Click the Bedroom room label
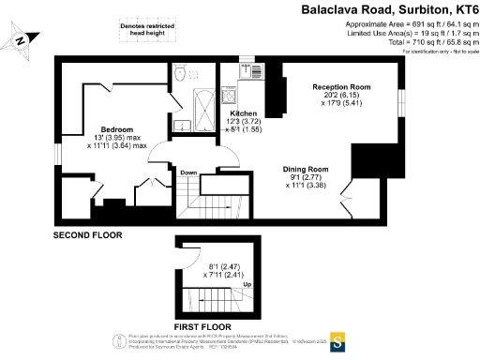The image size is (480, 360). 118,127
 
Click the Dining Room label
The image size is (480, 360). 307,169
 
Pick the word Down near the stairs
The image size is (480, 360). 188,172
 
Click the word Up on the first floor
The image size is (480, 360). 247,283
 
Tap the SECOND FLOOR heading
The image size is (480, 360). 87,234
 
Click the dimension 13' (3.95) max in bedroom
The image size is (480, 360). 118,137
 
